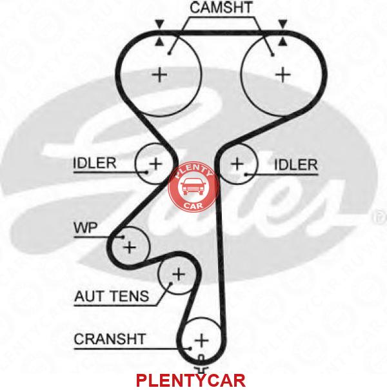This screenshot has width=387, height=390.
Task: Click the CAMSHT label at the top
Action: (221, 8)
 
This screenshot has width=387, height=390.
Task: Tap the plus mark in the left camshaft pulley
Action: (159, 75)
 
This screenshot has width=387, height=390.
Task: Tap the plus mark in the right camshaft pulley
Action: (283, 74)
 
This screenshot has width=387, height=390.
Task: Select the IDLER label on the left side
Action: (95, 163)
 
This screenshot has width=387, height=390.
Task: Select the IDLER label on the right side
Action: (295, 165)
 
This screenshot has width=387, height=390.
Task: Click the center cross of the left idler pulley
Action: (156, 164)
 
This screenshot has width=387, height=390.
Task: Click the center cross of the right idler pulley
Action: (237, 164)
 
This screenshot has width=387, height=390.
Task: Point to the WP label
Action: (86, 228)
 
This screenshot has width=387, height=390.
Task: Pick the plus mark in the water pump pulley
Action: (130, 248)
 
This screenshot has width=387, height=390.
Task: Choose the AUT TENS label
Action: (112, 296)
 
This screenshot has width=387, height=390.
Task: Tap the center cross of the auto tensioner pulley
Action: (179, 275)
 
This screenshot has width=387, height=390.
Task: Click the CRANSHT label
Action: (110, 339)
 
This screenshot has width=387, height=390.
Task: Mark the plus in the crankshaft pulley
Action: (201, 340)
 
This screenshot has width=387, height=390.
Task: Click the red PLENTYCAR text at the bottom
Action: (191, 380)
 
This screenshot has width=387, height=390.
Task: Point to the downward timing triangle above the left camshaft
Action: (159, 24)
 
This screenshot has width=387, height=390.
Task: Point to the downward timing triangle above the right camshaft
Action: (283, 24)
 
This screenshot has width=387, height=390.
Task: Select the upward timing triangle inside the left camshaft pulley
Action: (159, 42)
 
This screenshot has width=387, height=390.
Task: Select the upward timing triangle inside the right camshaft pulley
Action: (283, 42)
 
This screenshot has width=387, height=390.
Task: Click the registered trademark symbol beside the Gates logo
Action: (380, 217)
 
